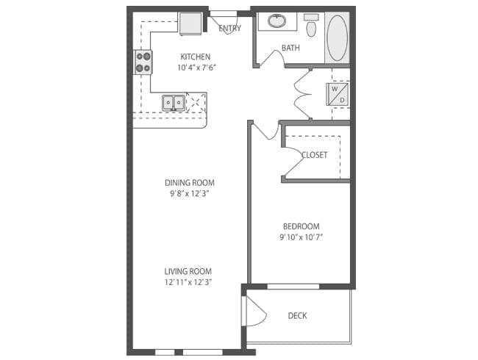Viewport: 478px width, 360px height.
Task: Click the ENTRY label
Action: coord(230,29)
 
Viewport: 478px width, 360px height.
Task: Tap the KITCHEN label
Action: coord(195,57)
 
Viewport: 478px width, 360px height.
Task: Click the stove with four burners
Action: coord(143,62)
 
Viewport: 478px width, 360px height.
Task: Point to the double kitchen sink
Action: coord(174,101)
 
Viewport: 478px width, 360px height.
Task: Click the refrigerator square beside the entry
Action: coord(191,23)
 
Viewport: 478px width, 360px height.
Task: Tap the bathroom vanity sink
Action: coord(277,21)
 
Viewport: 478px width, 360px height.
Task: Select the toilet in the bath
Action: coord(311,26)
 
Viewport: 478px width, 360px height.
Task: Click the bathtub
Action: coord(337,37)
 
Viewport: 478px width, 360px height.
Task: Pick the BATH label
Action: coord(290,49)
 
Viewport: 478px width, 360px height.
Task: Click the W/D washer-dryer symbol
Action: coord(337,93)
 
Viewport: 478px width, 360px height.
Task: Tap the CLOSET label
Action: coord(314,155)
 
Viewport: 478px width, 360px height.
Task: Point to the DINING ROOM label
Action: coord(194,183)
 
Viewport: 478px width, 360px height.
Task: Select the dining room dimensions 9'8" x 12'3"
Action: coord(194,194)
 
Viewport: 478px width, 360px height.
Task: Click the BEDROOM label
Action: coord(301,226)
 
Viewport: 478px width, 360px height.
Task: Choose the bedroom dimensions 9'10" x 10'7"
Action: coord(301,237)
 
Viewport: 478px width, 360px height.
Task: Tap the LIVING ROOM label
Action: coord(189,270)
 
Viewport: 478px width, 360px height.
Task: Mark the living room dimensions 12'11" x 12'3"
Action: coord(189,282)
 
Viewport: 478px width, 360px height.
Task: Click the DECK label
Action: coord(297,316)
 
